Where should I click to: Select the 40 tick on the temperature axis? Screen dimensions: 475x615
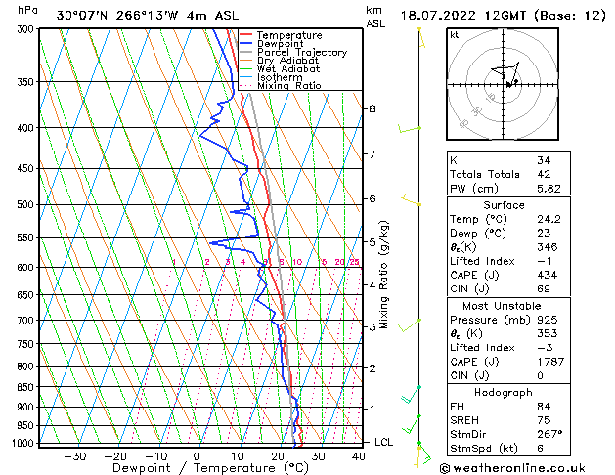pyautogui.click(x=359, y=455)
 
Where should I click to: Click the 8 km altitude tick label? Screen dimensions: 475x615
pyautogui.click(x=373, y=108)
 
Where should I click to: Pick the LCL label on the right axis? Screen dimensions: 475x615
pyautogui.click(x=384, y=442)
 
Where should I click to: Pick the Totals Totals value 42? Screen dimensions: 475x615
pyautogui.click(x=544, y=174)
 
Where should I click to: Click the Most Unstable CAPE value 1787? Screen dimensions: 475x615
pyautogui.click(x=549, y=361)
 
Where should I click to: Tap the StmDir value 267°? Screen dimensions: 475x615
pyautogui.click(x=549, y=433)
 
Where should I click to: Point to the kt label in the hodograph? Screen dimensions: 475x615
pyautogui.click(x=454, y=35)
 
